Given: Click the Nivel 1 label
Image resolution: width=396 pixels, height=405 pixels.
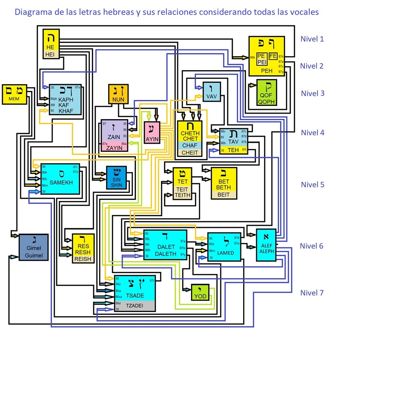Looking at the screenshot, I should [312, 39].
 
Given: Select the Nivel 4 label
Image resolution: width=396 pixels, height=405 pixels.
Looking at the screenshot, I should [312, 132].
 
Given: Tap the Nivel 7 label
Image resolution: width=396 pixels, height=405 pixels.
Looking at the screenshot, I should [312, 293].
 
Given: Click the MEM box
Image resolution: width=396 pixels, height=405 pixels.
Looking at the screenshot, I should [14, 94].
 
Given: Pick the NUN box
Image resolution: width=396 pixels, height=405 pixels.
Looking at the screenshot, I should [118, 94].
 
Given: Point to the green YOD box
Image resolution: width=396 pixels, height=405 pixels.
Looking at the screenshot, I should [200, 293].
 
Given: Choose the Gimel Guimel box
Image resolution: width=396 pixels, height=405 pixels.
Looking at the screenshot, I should [34, 247].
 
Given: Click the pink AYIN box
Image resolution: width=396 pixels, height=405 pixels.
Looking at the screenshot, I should [152, 133].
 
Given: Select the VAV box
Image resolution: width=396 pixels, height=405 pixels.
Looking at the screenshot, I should [212, 92].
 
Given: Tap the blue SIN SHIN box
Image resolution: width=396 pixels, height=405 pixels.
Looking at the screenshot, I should [117, 178].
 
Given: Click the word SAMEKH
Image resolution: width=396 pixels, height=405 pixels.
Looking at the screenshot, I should [61, 182].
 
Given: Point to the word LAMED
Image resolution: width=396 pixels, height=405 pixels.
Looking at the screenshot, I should [225, 253].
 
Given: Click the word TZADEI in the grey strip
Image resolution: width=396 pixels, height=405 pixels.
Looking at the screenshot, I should [134, 306].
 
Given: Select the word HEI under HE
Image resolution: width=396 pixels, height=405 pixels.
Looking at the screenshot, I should [50, 54].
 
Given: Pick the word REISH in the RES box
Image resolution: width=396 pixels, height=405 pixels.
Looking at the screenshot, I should [83, 259].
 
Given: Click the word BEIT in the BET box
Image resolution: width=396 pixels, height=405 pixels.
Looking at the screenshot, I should [223, 195].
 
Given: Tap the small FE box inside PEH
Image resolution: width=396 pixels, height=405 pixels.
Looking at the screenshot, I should [273, 56].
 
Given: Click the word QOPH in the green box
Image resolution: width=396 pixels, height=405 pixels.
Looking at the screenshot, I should [266, 102].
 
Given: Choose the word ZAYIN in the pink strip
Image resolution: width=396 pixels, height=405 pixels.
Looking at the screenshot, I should [114, 148].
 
